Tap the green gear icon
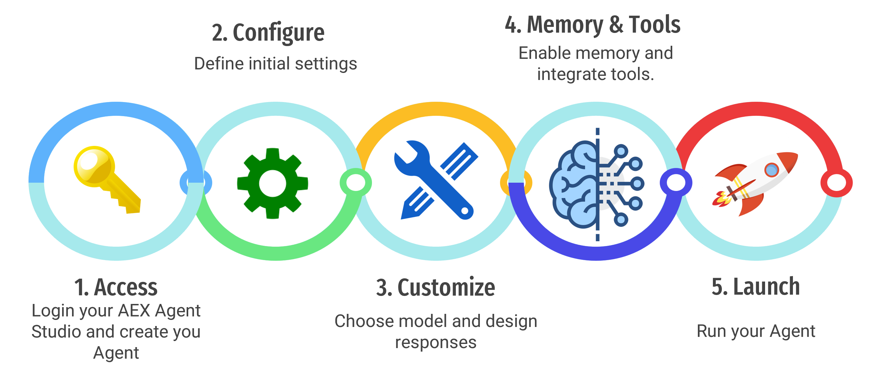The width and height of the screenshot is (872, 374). [272, 183]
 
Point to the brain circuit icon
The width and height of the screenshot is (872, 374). [597, 185]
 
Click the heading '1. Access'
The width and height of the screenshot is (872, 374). [116, 287]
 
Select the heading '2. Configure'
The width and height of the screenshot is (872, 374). [268, 33]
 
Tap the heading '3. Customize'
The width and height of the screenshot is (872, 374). [436, 287]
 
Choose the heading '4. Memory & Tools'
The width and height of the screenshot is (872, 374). [593, 25]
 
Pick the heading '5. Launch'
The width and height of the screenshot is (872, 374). [755, 287]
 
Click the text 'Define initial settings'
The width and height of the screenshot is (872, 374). [276, 64]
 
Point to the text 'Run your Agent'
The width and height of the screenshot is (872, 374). [756, 331]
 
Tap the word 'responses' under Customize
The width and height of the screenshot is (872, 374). [436, 343]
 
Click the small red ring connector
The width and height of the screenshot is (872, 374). [836, 183]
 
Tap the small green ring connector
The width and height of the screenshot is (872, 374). [356, 183]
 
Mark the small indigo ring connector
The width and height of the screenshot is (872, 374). [676, 183]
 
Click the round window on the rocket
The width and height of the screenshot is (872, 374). [772, 170]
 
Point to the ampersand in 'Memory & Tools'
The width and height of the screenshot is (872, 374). [617, 25]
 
